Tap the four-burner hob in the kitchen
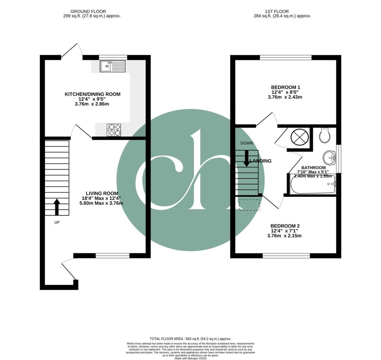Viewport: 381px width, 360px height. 114,129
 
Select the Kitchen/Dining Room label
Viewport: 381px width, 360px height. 93,94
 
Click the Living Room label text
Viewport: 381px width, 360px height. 102,193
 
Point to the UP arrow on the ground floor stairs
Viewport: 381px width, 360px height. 57,207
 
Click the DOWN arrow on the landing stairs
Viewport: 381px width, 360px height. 246,158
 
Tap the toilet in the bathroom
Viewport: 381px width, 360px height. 324,136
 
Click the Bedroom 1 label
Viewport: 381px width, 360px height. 285,87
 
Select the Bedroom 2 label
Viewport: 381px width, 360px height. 285,226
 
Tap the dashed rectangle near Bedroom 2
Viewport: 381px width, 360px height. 249,205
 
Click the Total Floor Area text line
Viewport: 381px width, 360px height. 190,339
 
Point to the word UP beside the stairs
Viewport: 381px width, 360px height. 57,222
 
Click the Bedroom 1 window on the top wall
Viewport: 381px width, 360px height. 285,57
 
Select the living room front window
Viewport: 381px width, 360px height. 112,255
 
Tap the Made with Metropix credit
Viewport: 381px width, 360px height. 190,358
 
